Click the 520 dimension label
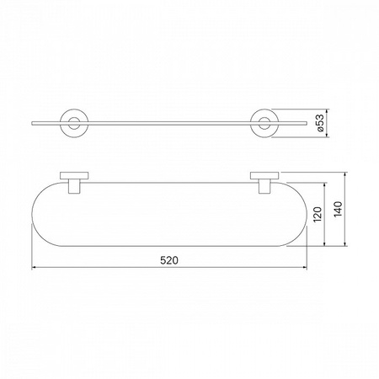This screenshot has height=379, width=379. [x=169, y=260]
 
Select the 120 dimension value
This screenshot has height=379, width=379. [x=318, y=214]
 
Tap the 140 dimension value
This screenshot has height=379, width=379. [x=338, y=209]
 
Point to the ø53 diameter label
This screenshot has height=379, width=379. [x=320, y=123]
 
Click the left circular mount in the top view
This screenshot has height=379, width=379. [x=61, y=124]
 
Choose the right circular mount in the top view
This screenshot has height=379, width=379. [x=251, y=124]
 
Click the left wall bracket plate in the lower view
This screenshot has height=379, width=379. [x=74, y=175]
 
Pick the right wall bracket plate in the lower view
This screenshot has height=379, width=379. [x=264, y=175]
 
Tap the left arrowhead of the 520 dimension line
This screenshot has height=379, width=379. [x=35, y=268]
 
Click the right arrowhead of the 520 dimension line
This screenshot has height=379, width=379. [x=304, y=268]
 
